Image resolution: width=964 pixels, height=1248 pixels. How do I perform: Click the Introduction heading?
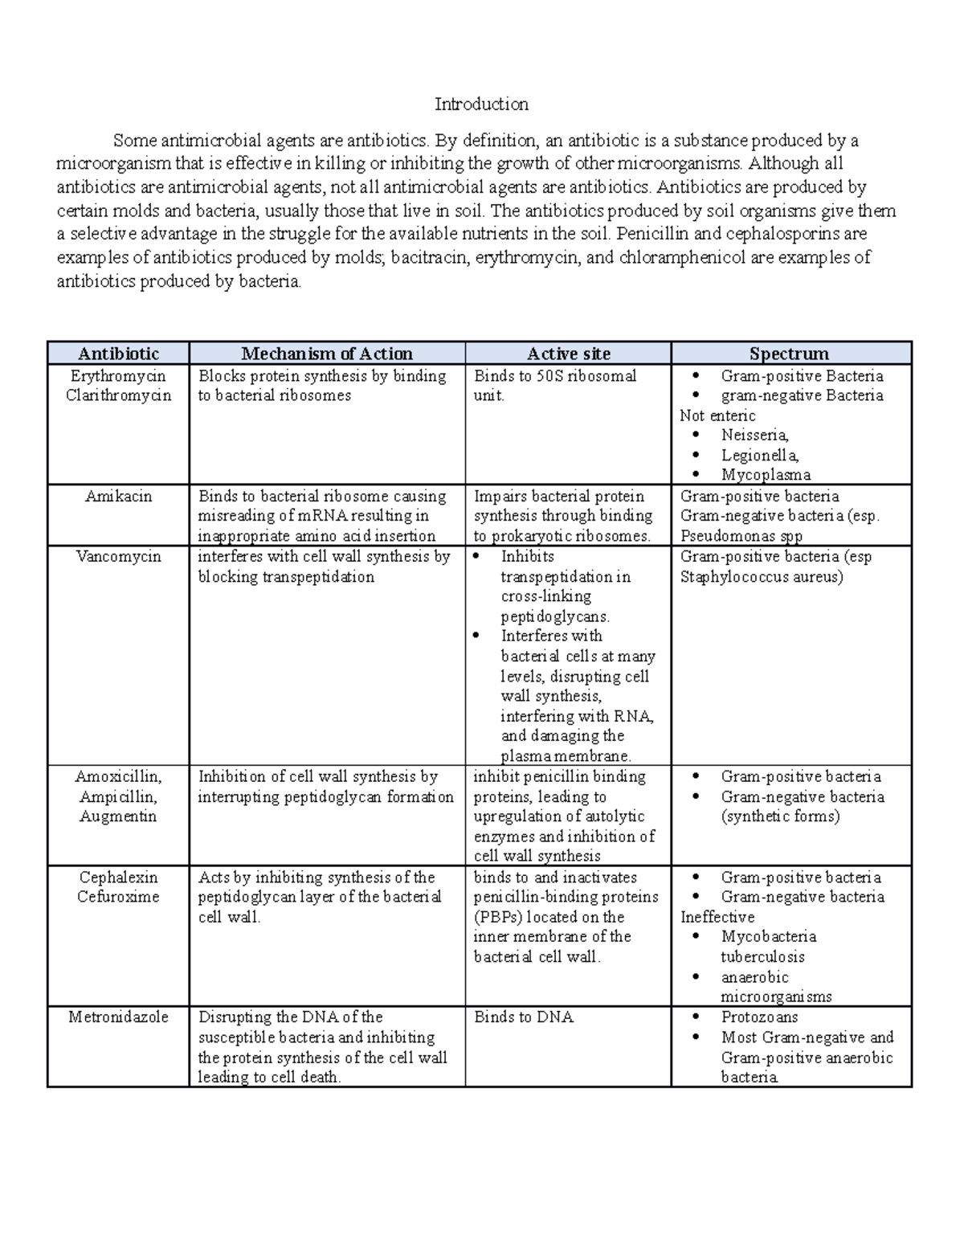[x=481, y=104]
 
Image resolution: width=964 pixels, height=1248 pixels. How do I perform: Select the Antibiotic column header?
[x=118, y=354]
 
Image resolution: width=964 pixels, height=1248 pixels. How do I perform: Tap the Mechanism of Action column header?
[x=327, y=354]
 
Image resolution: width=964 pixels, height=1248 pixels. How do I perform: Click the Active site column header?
[x=568, y=354]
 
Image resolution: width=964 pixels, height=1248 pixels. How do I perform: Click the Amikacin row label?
[x=118, y=497]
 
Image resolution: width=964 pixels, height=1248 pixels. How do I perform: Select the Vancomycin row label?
[x=118, y=557]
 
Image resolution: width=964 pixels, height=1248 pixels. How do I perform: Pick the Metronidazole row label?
[x=118, y=1017]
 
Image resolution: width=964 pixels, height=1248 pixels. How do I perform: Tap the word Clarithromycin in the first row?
[x=118, y=395]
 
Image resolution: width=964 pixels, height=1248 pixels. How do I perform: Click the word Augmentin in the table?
[x=118, y=816]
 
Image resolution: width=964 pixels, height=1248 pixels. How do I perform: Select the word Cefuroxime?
[x=118, y=897]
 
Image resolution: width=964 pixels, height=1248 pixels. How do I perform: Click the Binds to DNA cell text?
[x=524, y=1017]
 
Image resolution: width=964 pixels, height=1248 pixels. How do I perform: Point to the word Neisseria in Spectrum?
[x=754, y=436]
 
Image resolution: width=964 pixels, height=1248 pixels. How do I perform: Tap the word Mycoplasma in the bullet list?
[x=766, y=475]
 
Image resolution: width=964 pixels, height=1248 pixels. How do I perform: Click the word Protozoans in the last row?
[x=759, y=1017]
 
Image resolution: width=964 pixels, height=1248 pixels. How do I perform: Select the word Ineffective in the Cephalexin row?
[x=717, y=917]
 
